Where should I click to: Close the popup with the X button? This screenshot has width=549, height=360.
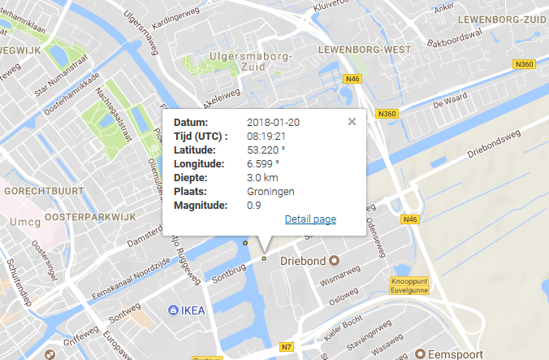click(x=352, y=122)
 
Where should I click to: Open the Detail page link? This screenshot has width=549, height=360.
click(x=310, y=219)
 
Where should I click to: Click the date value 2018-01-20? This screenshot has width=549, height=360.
click(x=273, y=122)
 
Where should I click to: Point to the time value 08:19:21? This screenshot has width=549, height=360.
click(x=265, y=136)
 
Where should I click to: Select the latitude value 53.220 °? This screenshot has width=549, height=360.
click(x=266, y=150)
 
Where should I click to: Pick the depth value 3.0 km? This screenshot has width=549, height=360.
click(x=262, y=177)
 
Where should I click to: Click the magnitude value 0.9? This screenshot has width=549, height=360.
click(x=253, y=205)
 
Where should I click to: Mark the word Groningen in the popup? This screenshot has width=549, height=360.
click(x=270, y=191)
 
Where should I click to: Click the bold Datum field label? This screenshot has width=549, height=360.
click(x=191, y=122)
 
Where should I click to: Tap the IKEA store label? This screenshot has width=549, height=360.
click(x=193, y=310)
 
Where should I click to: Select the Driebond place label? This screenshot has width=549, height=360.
click(x=302, y=262)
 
